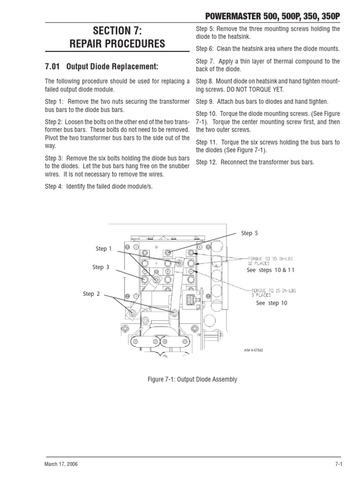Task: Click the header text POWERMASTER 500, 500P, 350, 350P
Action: [x=267, y=16]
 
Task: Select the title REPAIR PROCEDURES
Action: [x=117, y=45]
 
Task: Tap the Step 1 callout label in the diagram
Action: [x=104, y=249]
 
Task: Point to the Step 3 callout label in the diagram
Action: [x=101, y=267]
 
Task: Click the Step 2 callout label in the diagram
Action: [x=91, y=294]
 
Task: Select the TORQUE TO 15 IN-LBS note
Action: [x=273, y=291]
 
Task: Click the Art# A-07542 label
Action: [x=253, y=350]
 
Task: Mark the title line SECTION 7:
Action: [x=117, y=31]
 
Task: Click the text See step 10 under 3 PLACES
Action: [x=271, y=303]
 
